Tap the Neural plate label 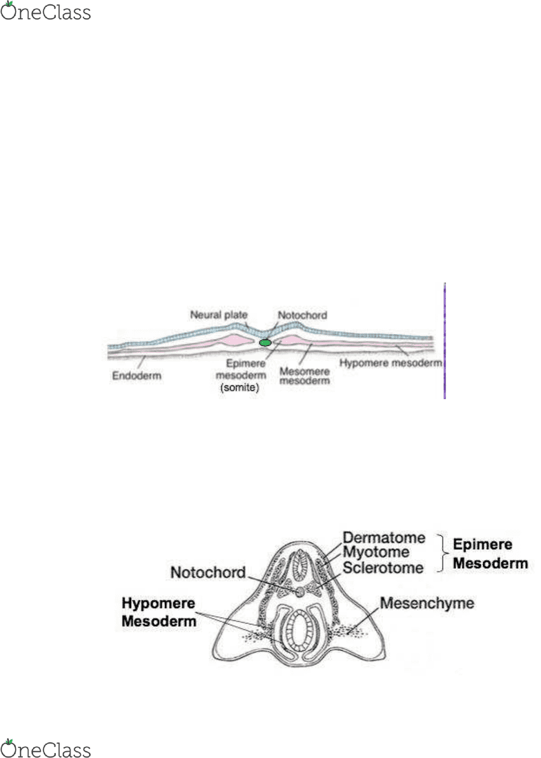click(x=218, y=315)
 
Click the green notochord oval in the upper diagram click(x=265, y=342)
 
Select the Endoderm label click(x=137, y=376)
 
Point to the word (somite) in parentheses click(x=239, y=388)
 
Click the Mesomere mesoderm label click(x=304, y=376)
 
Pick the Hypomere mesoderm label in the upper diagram click(x=391, y=362)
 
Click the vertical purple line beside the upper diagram click(x=444, y=341)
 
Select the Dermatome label click(x=384, y=538)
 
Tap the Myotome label click(x=376, y=552)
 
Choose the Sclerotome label click(x=383, y=567)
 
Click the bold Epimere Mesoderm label click(x=490, y=554)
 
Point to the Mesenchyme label click(x=427, y=603)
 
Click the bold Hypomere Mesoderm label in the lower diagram click(x=159, y=612)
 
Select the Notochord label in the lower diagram click(x=208, y=572)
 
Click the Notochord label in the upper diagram click(x=302, y=315)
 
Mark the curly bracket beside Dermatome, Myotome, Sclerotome click(x=440, y=553)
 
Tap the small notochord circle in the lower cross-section click(x=300, y=591)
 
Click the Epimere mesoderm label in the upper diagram click(x=242, y=369)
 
